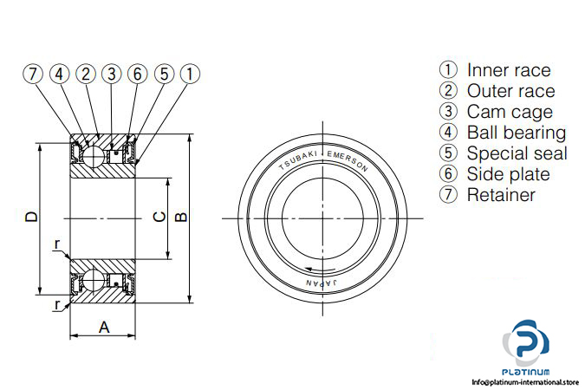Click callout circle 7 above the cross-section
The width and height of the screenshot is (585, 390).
click(x=33, y=74)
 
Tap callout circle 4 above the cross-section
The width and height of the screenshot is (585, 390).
click(x=59, y=74)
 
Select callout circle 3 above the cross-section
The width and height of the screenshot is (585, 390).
click(x=112, y=74)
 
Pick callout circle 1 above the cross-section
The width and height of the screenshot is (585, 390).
click(x=190, y=74)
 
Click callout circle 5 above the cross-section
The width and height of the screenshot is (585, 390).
click(x=164, y=74)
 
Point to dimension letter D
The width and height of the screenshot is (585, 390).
click(x=32, y=217)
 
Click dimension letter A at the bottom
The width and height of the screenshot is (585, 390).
click(x=104, y=328)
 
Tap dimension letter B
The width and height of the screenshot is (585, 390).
click(x=181, y=217)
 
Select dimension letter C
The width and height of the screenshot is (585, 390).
click(x=159, y=217)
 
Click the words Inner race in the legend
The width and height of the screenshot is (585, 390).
click(x=509, y=70)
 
